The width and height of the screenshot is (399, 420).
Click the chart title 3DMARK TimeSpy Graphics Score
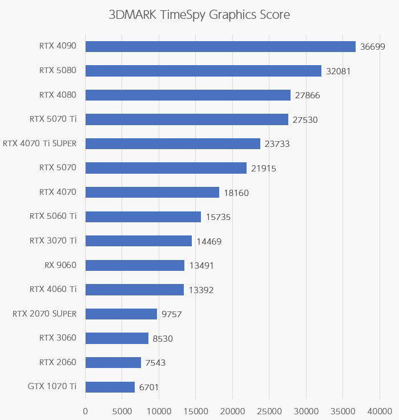tap(199, 15)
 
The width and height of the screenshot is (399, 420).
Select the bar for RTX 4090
tap(220, 46)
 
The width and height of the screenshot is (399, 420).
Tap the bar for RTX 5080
tap(203, 71)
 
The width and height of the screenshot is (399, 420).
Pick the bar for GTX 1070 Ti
tap(110, 387)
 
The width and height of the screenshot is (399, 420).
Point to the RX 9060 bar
tap(135, 265)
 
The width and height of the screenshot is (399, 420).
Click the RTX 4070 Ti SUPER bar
tap(173, 143)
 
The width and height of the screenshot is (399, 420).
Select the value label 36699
tap(373, 47)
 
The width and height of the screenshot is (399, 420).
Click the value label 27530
tap(305, 120)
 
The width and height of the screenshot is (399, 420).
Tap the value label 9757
tap(171, 314)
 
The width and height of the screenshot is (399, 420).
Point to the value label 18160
tap(236, 193)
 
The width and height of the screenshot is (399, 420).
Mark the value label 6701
tap(148, 387)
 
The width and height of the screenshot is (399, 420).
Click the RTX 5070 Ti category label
tap(53, 119)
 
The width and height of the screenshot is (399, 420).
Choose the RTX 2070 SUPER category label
tap(45, 314)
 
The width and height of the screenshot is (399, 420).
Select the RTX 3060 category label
tap(58, 338)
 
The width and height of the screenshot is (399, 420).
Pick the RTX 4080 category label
tap(58, 95)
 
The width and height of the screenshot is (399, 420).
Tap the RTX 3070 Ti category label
tap(53, 241)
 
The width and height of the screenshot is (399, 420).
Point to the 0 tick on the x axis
tap(86, 410)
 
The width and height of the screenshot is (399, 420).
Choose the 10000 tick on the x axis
tap(159, 410)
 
